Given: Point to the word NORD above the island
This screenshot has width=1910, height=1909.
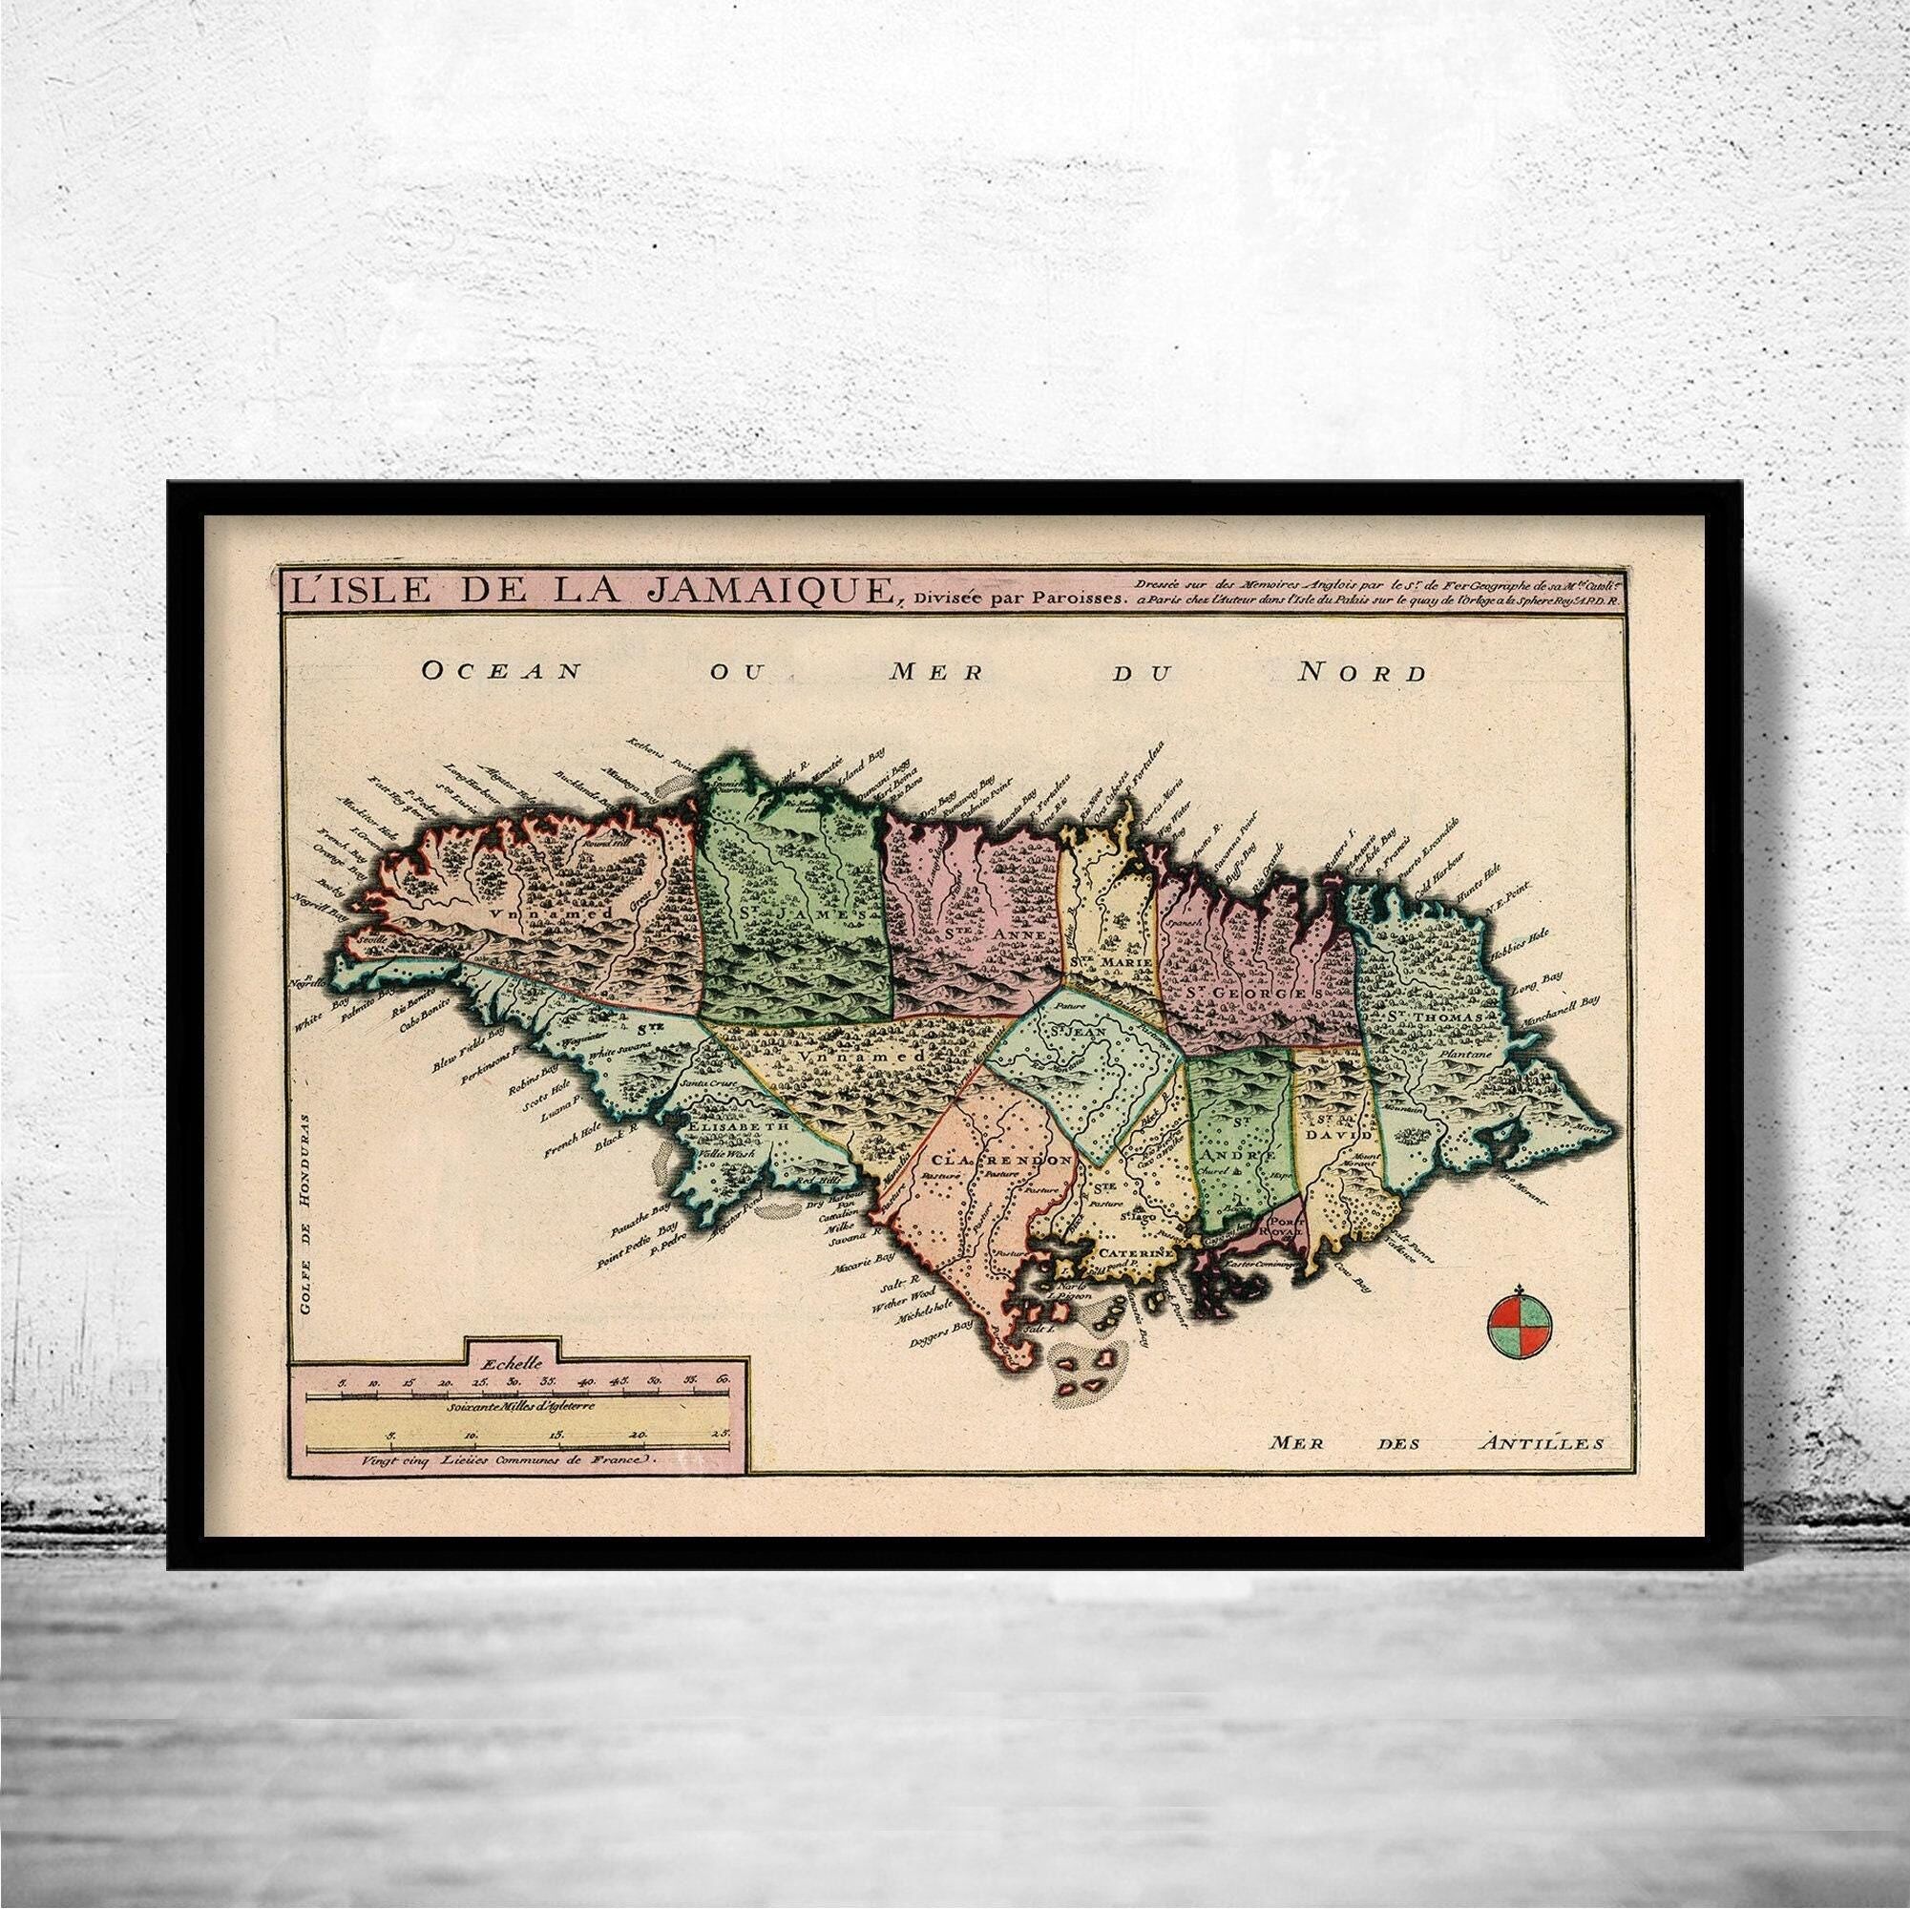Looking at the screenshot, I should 1362,673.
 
